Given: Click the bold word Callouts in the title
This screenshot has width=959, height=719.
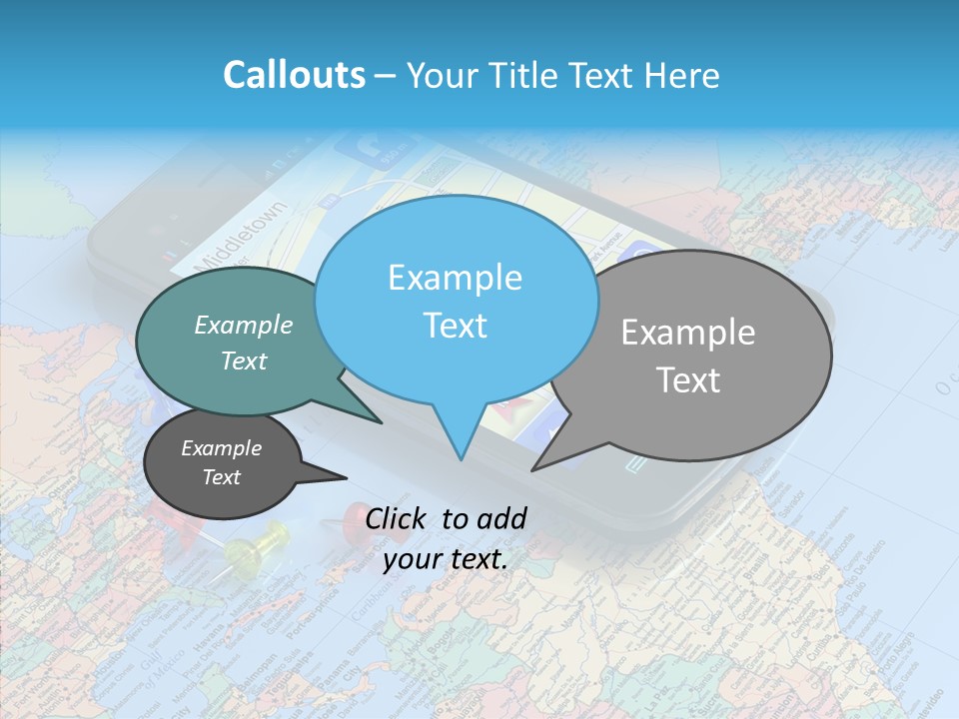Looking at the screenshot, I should pos(294,75).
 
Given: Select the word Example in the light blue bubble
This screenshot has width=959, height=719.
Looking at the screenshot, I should pos(455,278).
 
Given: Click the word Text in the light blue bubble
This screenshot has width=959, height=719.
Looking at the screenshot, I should pos(455,326).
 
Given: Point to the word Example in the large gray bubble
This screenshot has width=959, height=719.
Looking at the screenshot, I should pos(688,333).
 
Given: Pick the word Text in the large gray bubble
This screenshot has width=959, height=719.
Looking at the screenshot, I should pos(688,380).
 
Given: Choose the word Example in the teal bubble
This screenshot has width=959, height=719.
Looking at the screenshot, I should pos(244,325).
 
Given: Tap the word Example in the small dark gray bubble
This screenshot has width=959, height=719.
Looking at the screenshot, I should pos(221,448).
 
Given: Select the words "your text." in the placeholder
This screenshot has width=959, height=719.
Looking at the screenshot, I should pos(445,560).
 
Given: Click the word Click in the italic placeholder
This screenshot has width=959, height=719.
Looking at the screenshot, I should pos(400,517).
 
